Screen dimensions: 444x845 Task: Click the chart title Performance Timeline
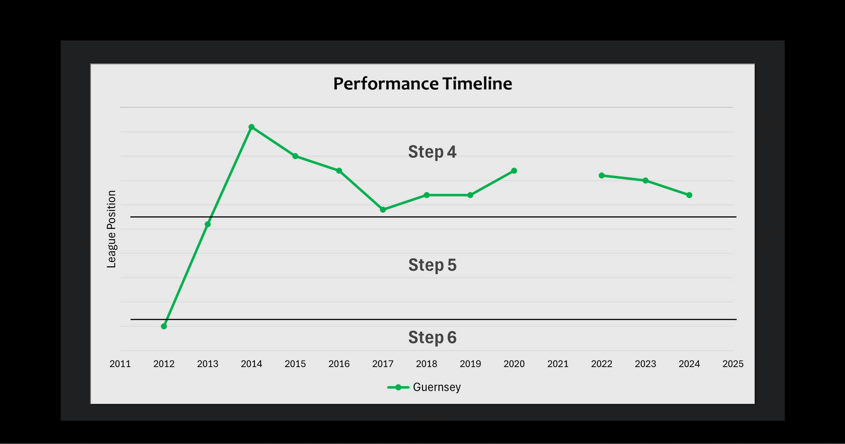point(422,84)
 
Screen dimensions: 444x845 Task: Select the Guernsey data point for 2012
point(164,326)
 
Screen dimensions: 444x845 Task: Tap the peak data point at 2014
point(251,127)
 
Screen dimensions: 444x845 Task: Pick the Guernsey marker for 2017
point(383,210)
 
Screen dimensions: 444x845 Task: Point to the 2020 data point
point(514,171)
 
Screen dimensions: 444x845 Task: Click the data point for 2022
point(602,175)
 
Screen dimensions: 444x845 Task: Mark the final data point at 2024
point(689,195)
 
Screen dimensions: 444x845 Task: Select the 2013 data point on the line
point(208,224)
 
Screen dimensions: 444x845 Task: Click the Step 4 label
point(432,152)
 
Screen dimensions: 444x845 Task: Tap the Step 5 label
point(432,265)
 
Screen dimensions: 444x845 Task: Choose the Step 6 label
point(432,337)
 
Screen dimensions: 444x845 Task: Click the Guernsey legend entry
point(424,387)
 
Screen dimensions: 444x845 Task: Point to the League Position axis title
point(111,229)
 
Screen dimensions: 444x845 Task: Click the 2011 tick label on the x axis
point(120,364)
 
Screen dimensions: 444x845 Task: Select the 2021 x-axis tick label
point(558,364)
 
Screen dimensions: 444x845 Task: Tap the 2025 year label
point(733,364)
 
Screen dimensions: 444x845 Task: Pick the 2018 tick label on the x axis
point(426,364)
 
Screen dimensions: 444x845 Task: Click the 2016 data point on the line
point(339,171)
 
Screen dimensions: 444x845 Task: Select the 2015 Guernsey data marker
point(295,156)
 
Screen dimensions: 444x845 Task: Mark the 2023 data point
point(645,181)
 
